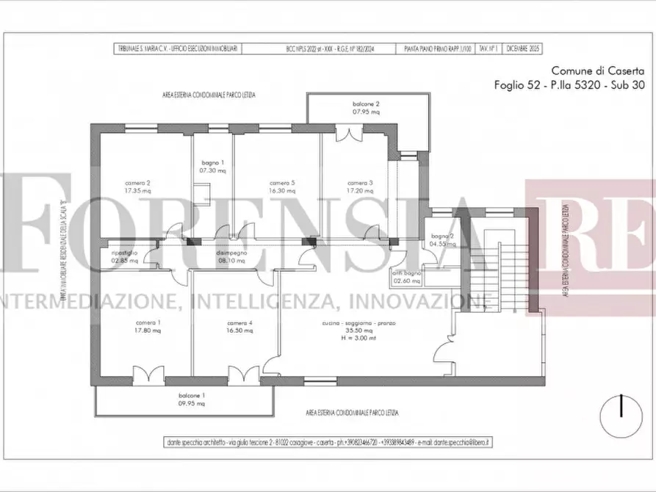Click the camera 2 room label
pyautogui.click(x=138, y=183)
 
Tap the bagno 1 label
pyautogui.click(x=212, y=162)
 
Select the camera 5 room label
pyautogui.click(x=282, y=183)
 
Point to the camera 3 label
pyautogui.click(x=360, y=183)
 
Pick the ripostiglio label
pyautogui.click(x=124, y=253)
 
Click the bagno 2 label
pyautogui.click(x=442, y=236)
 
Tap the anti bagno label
pyautogui.click(x=407, y=273)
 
